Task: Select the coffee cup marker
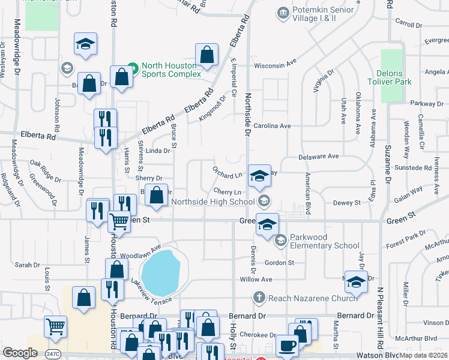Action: click(x=287, y=346)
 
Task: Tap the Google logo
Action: click(x=20, y=353)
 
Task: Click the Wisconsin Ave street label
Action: click(x=276, y=63)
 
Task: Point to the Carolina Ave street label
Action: click(x=271, y=126)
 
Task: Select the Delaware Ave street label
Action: click(x=319, y=157)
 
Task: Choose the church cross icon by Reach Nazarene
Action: click(x=259, y=297)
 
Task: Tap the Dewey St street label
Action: click(x=347, y=203)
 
